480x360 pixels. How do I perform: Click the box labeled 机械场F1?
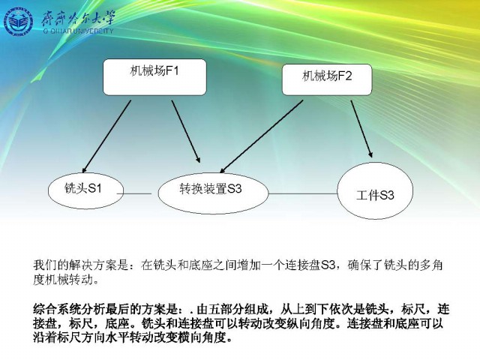[x=154, y=77]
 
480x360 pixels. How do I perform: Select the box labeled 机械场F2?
[x=327, y=79]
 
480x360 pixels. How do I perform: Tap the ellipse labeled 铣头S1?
[x=86, y=190]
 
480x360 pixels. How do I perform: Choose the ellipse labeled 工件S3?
[x=375, y=191]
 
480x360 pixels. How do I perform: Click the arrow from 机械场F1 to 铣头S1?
[x=106, y=136]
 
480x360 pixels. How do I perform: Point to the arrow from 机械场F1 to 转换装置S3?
[x=186, y=131]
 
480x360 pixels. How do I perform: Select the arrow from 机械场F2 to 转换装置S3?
[x=262, y=136]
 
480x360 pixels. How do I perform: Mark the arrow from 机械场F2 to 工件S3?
[x=361, y=129]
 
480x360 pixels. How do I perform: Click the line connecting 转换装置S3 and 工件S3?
[x=303, y=193]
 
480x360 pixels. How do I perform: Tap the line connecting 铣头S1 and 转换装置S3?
[x=134, y=193]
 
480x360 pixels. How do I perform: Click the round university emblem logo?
[x=18, y=22]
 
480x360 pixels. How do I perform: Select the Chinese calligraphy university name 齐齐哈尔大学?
[x=79, y=18]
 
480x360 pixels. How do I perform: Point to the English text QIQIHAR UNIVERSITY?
[x=78, y=31]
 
